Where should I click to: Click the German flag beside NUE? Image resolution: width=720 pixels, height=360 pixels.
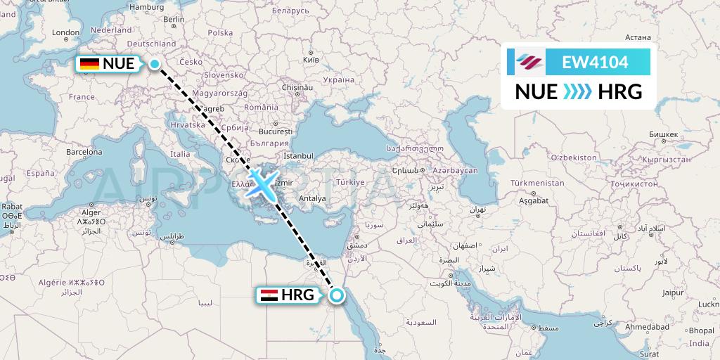89,64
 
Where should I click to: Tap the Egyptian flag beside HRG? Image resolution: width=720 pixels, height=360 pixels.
269,295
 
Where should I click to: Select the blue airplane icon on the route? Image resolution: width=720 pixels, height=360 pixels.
260,183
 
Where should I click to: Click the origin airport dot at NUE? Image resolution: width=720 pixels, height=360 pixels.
155,64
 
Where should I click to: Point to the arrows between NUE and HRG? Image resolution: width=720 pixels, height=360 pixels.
579,92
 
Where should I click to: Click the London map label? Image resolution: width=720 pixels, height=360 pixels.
65,32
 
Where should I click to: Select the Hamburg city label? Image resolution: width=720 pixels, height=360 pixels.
146,7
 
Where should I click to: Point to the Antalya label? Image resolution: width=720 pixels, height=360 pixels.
312,198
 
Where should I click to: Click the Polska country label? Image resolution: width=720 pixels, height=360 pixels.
220,32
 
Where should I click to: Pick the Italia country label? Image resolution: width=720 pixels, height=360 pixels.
180,154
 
